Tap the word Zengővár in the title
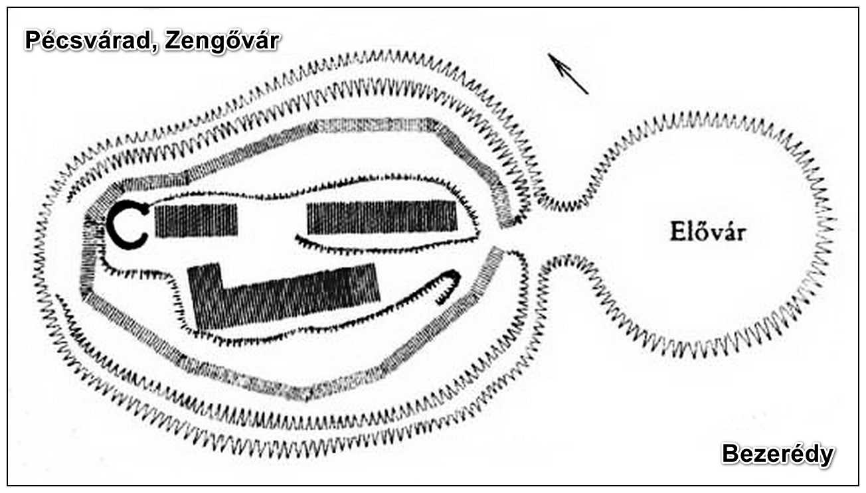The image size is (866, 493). (222, 42)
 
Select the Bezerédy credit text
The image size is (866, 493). (778, 455)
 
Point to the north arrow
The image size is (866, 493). (568, 74)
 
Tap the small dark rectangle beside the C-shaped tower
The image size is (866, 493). (196, 220)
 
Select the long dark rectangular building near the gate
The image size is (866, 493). (382, 217)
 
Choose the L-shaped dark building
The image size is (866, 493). (284, 297)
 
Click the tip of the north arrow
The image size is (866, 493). (548, 54)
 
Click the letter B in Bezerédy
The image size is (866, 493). (731, 454)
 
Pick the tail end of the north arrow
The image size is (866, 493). (588, 94)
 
